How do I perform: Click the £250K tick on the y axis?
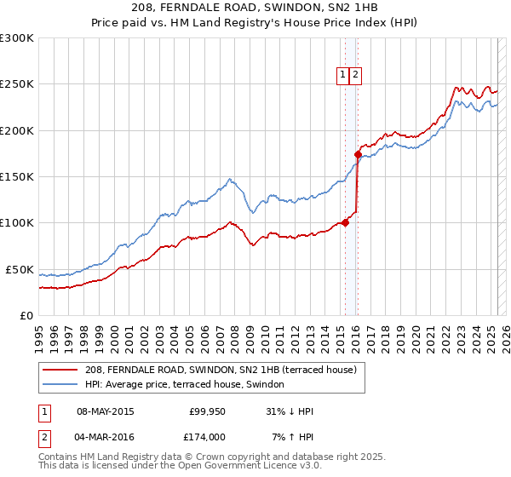[x=17, y=84]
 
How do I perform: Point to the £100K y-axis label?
[x=17, y=223]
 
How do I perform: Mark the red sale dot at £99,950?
[x=345, y=223]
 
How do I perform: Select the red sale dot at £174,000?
[x=358, y=154]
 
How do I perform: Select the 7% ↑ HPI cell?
[x=292, y=436]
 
